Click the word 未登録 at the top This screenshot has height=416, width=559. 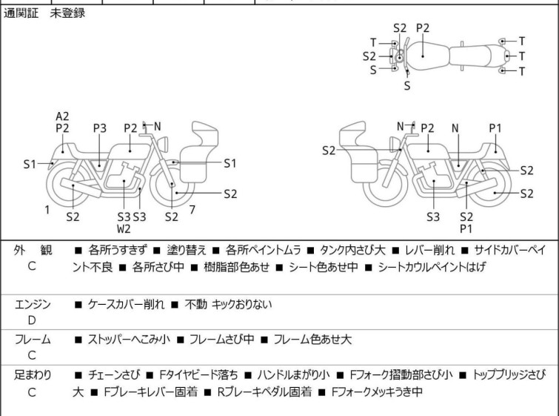(67, 14)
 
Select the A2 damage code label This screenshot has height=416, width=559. (62, 116)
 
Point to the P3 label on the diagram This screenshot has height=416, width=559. (100, 128)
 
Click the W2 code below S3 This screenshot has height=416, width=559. (124, 228)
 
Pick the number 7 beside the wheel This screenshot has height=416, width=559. (192, 210)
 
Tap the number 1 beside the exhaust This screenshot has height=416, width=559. (47, 210)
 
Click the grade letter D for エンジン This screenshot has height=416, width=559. (32, 320)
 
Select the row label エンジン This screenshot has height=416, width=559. (33, 304)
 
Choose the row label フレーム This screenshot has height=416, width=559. (33, 340)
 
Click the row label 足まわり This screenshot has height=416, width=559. (33, 374)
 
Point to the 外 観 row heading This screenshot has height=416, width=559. (33, 251)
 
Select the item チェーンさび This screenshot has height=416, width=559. (112, 374)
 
